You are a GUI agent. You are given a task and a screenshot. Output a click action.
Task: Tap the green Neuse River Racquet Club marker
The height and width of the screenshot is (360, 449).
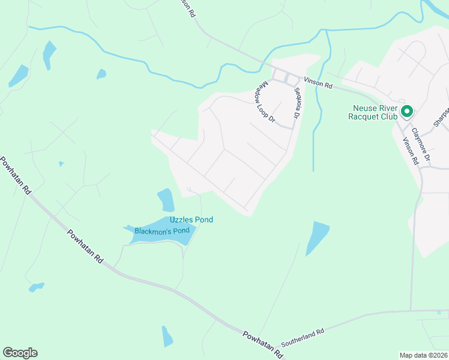coord(406,111)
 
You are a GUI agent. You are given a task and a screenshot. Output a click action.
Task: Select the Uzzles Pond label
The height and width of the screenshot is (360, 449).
coord(191,220)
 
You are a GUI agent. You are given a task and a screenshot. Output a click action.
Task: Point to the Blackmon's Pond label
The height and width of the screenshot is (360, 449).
coord(162,231)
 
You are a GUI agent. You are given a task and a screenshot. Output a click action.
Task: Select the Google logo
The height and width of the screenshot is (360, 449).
coord(20,353)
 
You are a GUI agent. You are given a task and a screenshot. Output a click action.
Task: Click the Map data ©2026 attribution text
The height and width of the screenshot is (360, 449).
coord(423,355)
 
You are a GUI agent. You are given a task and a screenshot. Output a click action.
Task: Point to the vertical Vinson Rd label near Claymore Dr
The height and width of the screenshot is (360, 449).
coord(411,149)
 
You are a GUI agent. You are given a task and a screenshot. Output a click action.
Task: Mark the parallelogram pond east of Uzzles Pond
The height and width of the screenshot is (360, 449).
coord(317,238)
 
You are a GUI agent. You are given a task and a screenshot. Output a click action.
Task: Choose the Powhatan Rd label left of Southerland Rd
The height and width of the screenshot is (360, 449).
coord(263,344)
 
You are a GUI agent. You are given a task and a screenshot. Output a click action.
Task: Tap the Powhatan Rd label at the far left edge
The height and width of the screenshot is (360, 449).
coord(15,175)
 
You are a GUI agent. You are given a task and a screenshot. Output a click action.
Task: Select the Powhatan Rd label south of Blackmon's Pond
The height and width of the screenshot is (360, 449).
coord(85,247)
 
